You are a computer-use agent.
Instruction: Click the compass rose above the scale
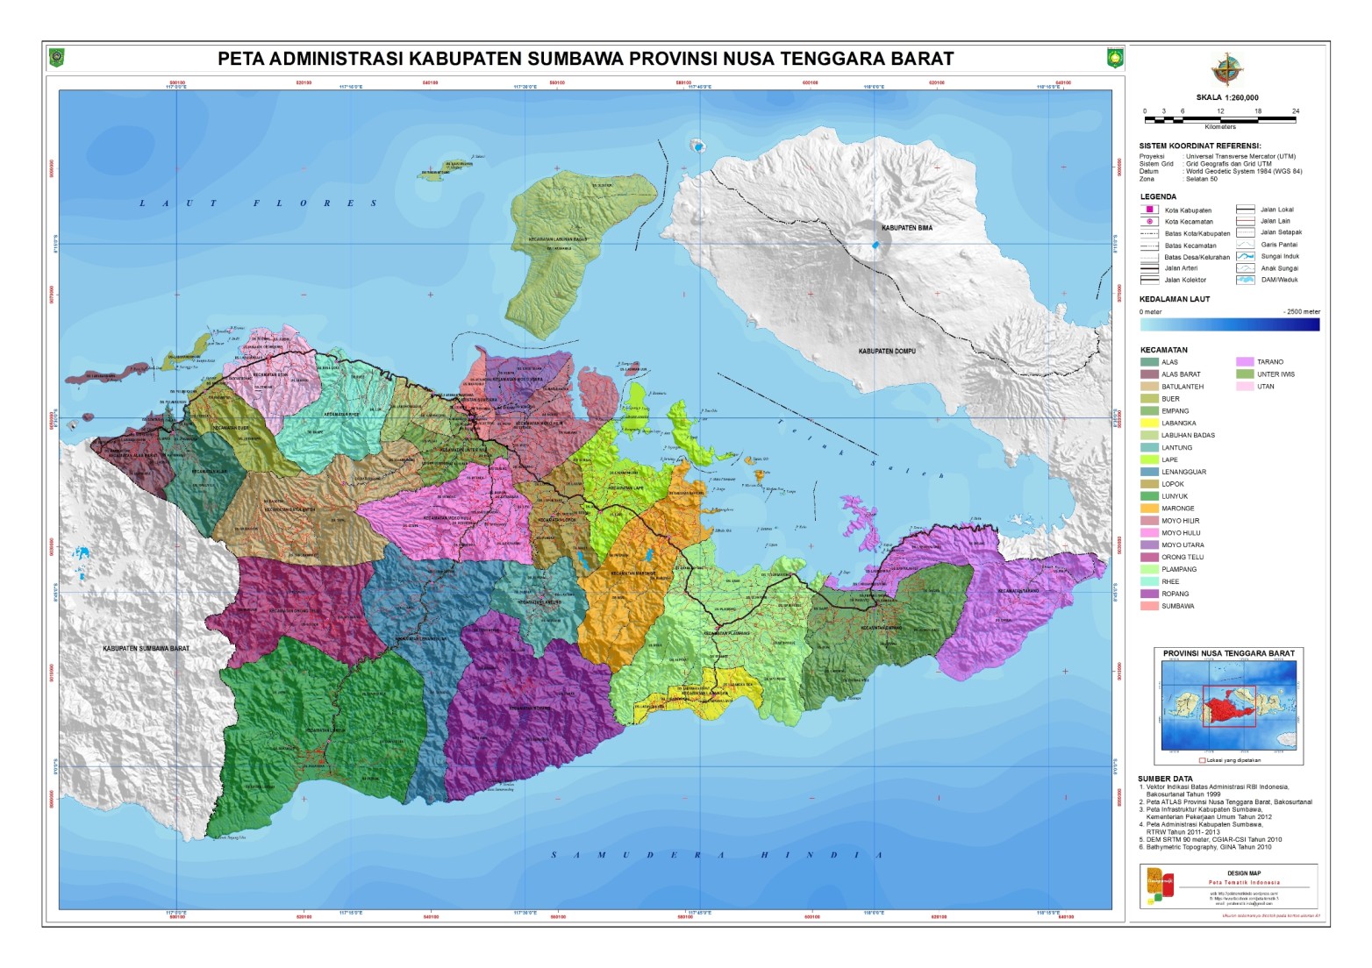point(1226,69)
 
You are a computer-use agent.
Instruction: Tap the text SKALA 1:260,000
point(1226,98)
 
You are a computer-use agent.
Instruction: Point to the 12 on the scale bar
point(1220,111)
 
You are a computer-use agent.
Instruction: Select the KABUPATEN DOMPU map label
point(887,351)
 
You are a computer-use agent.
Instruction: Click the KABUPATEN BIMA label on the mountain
point(907,228)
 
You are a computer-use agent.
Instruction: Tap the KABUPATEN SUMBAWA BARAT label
point(146,649)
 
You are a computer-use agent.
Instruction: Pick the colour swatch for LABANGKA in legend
point(1149,423)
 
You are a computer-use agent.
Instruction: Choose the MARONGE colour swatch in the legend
point(1149,509)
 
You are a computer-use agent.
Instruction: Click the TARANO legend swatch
point(1245,361)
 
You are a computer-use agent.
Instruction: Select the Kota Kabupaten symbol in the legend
point(1149,210)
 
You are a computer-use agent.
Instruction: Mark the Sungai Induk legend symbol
point(1245,256)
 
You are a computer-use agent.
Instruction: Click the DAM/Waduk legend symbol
point(1245,280)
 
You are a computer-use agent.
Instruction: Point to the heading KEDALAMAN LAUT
point(1174,299)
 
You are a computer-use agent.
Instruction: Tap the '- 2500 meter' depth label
point(1301,311)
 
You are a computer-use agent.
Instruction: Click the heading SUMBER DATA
point(1165,779)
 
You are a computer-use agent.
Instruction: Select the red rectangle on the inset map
point(1229,706)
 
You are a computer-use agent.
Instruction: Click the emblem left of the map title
point(57,59)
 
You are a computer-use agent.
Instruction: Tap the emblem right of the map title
point(1115,59)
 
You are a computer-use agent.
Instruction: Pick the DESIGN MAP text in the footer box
point(1243,873)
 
